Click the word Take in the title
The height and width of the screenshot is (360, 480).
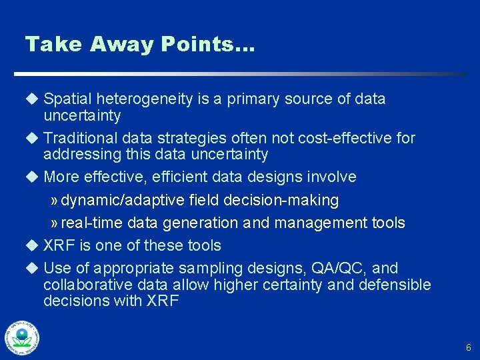(x=53, y=45)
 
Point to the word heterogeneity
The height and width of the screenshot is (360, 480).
(x=145, y=99)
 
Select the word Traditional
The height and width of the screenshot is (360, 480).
(x=81, y=138)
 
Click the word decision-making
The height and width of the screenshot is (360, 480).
(x=290, y=200)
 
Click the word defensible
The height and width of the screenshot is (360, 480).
(x=393, y=285)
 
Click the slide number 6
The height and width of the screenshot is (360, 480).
(x=468, y=347)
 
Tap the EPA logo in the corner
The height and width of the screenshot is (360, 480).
(x=22, y=337)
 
